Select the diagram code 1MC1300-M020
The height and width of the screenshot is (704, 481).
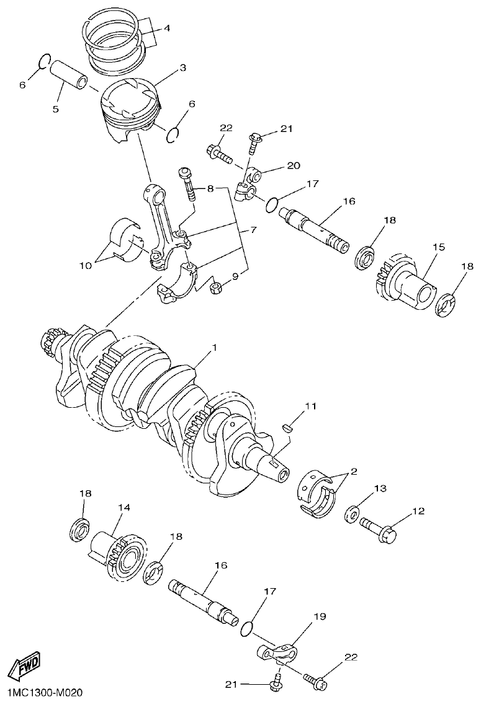pyautogui.click(x=42, y=692)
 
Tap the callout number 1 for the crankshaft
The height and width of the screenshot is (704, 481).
pyautogui.click(x=214, y=349)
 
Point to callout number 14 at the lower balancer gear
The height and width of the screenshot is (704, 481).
pyautogui.click(x=124, y=507)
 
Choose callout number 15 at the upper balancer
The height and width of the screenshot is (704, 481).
pyautogui.click(x=438, y=247)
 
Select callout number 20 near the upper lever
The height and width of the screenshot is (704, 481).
pyautogui.click(x=293, y=165)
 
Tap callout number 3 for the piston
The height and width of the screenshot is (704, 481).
pyautogui.click(x=182, y=68)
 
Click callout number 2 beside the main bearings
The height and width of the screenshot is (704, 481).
pyautogui.click(x=353, y=472)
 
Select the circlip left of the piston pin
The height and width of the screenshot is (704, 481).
pyautogui.click(x=44, y=61)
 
